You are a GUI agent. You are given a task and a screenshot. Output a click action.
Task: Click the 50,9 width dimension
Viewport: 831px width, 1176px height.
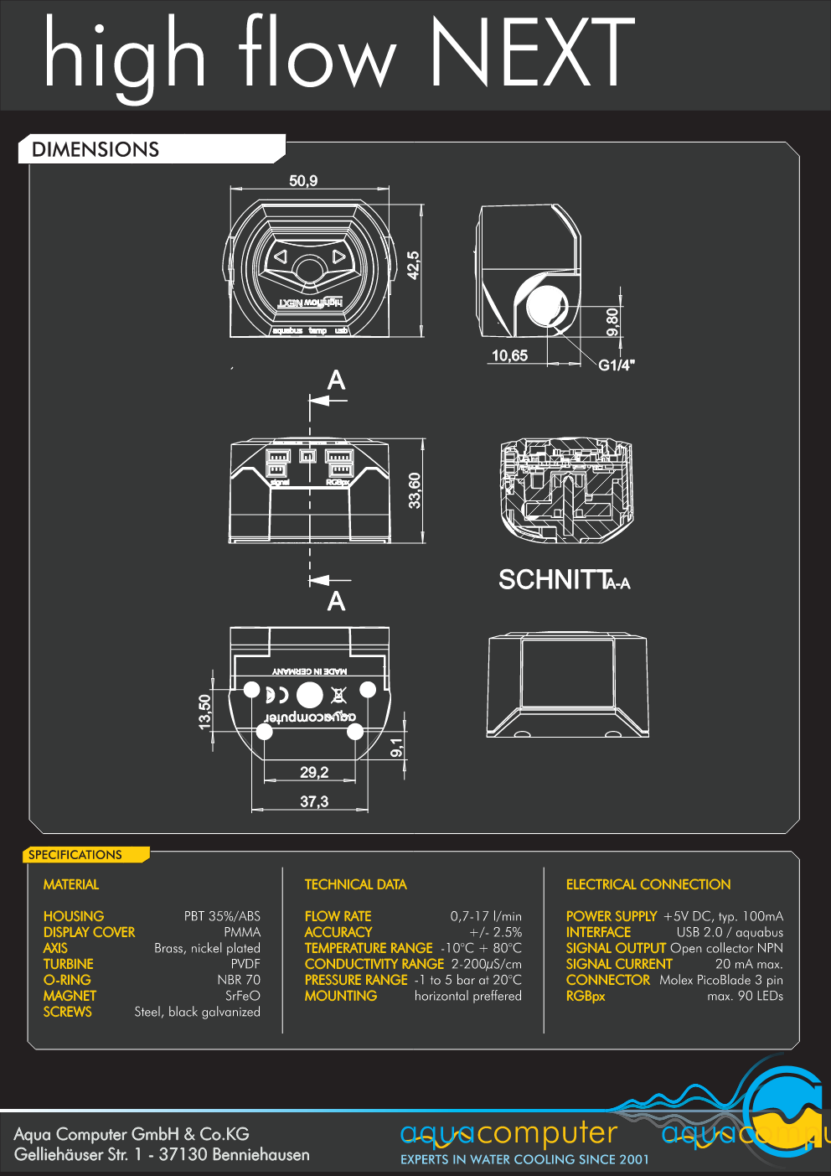[x=303, y=181]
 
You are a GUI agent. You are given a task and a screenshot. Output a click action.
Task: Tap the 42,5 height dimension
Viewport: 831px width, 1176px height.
[x=413, y=265]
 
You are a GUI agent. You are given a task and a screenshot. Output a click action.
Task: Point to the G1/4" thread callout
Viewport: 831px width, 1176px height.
[x=617, y=365]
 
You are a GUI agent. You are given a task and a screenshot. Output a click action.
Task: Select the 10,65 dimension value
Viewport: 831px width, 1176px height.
[x=509, y=355]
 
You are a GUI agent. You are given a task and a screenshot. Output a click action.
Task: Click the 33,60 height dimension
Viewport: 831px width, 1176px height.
[x=414, y=490]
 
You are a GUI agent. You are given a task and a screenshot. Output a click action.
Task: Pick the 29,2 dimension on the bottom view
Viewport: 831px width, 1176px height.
[x=314, y=772]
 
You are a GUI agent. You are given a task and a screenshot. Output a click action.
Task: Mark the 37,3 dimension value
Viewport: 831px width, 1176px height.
[x=314, y=801]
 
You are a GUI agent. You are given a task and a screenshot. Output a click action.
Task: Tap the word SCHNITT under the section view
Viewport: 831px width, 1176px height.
[x=554, y=580]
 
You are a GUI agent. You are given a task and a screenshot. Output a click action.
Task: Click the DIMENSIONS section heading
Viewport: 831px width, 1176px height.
[x=95, y=150]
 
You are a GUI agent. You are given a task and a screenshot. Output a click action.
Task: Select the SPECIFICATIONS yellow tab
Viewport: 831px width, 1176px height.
[x=75, y=855]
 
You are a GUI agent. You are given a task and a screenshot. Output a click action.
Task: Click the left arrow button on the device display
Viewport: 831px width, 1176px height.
[x=281, y=256]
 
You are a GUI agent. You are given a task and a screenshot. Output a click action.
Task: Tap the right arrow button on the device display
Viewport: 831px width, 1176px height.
[x=338, y=256]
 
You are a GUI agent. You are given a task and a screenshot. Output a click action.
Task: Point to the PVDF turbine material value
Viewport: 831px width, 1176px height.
[x=245, y=964]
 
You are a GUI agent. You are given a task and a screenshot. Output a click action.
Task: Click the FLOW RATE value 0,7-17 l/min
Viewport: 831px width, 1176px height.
[x=486, y=916]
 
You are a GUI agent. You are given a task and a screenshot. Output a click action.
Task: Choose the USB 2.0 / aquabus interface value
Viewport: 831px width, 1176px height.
[x=730, y=932]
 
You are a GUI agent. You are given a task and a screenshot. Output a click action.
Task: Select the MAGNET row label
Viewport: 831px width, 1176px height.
[x=70, y=996]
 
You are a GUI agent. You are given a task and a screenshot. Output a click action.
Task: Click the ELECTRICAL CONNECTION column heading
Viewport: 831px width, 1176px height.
[x=648, y=884]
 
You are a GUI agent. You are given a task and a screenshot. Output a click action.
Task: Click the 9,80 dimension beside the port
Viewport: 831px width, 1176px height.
[x=612, y=322]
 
